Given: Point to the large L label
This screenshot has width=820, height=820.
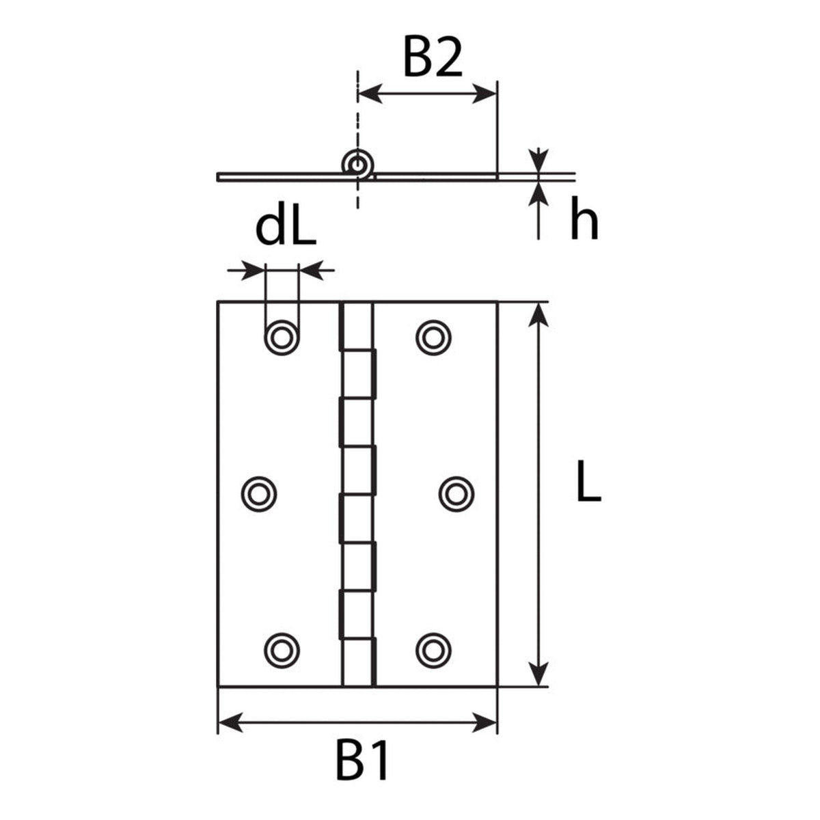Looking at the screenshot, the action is (x=589, y=481).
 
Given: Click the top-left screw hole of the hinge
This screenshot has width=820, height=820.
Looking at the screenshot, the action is (x=282, y=338).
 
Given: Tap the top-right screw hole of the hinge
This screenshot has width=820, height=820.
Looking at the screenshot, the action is (x=433, y=338).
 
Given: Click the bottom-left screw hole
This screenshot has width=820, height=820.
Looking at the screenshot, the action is (x=282, y=651).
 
